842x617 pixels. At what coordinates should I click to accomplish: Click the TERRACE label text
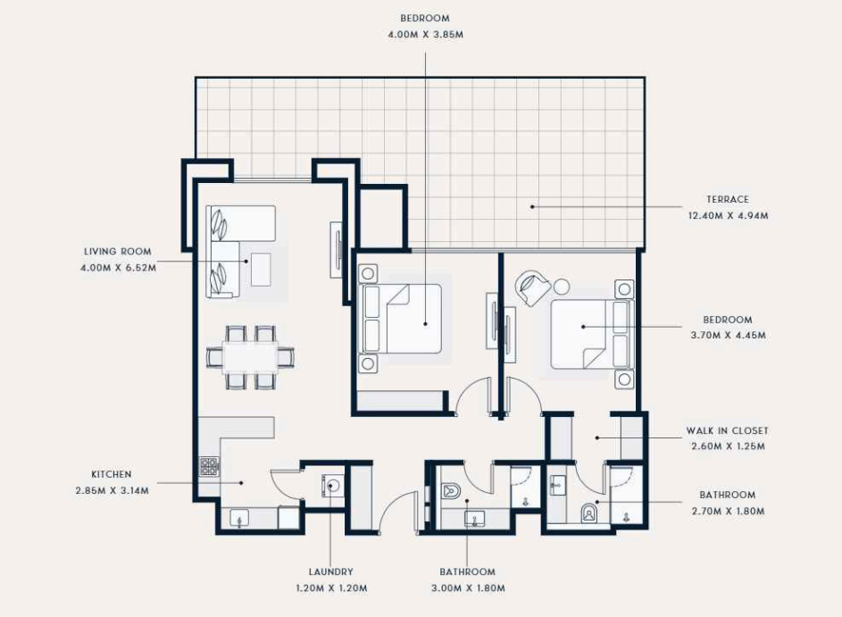tap(727, 199)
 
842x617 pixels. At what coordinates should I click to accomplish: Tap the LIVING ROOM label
tap(118, 251)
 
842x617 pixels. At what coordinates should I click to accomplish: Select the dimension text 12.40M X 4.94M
tap(728, 216)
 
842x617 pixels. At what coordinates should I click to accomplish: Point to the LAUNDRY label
tap(330, 571)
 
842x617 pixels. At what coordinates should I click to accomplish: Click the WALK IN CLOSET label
tap(727, 430)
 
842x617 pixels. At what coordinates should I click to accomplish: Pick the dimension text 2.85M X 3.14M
tap(113, 491)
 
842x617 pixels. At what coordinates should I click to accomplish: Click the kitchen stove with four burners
tap(210, 467)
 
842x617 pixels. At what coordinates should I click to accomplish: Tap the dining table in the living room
tap(250, 356)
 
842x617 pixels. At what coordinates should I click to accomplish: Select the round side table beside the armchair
tap(561, 288)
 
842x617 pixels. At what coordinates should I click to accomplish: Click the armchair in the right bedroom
tap(532, 288)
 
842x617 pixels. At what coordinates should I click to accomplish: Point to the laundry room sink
tap(332, 486)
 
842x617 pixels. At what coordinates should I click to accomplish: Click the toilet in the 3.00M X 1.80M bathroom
tap(451, 491)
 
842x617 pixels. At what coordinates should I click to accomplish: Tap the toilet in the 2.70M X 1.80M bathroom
tap(589, 513)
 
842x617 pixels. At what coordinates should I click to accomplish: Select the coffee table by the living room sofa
tap(261, 270)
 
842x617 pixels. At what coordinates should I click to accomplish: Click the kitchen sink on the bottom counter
tap(239, 518)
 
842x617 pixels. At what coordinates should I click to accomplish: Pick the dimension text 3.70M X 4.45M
tap(728, 336)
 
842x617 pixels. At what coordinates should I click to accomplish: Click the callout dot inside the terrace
tap(532, 206)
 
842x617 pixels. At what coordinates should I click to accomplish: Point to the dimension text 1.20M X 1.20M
tap(331, 588)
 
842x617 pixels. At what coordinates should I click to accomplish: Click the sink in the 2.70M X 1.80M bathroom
tap(557, 485)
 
